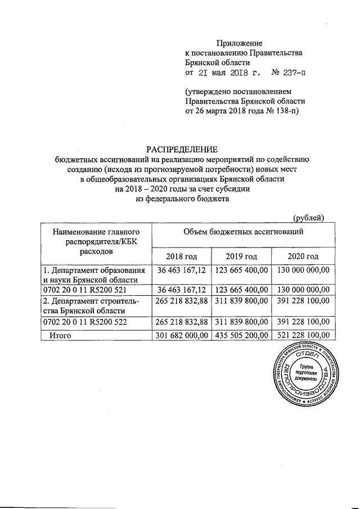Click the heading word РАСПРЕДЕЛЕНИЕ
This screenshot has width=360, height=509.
[182, 149]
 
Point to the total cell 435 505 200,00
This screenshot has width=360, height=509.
[242, 336]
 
